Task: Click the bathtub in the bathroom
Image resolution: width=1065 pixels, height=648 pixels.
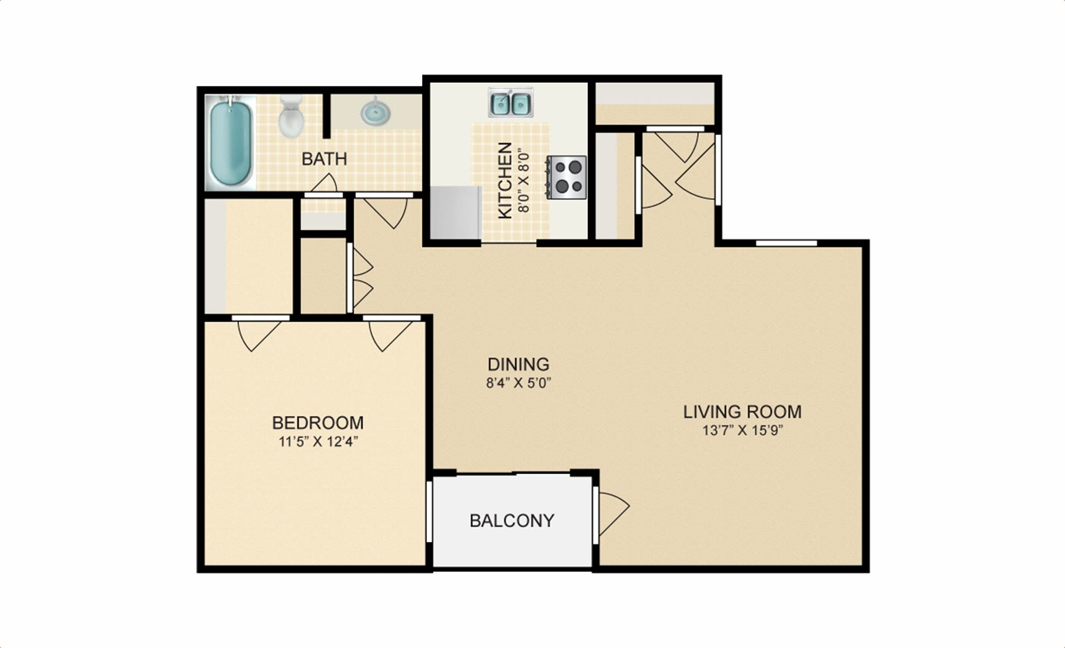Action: point(230,142)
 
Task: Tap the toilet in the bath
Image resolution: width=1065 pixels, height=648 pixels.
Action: point(291,117)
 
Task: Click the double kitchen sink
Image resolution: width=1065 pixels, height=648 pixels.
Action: point(510,102)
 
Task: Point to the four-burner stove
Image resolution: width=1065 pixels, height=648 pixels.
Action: point(567,177)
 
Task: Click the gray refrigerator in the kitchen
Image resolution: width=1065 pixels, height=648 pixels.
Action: point(456,212)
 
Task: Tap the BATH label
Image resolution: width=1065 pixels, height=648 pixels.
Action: point(324,159)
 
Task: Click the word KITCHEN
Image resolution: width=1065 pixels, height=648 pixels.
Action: point(505,180)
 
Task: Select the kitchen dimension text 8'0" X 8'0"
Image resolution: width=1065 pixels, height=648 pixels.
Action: point(523,180)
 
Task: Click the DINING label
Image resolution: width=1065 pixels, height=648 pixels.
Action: point(518,364)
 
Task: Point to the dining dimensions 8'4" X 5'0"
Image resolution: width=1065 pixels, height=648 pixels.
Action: point(518,383)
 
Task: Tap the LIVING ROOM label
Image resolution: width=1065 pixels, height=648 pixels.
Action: point(742,411)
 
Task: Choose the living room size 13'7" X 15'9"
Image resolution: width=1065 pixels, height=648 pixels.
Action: point(742,430)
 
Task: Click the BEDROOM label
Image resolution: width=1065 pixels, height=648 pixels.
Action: point(318,423)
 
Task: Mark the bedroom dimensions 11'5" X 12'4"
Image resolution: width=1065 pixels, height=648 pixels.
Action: point(318,442)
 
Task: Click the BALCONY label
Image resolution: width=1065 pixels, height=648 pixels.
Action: point(512,520)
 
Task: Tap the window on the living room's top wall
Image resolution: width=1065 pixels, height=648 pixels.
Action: point(787,243)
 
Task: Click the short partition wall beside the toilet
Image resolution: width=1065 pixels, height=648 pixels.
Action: point(326,116)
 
